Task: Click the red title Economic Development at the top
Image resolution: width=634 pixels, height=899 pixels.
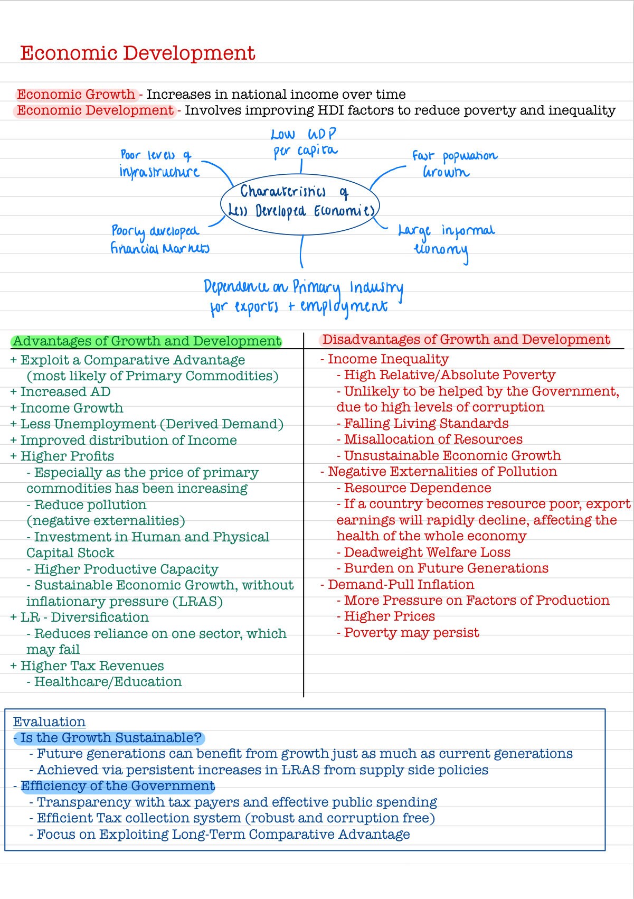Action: click(x=137, y=53)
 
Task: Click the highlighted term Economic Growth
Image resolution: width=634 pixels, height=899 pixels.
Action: click(x=76, y=95)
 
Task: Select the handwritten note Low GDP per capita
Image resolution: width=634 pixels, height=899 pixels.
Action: click(x=304, y=143)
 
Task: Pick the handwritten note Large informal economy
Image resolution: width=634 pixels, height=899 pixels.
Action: click(x=446, y=239)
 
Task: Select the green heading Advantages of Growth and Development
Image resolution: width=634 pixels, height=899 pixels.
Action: click(x=147, y=341)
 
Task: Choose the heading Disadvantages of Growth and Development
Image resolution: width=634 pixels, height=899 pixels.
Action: click(x=466, y=340)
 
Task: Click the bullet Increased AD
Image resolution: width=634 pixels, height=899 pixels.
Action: click(x=65, y=392)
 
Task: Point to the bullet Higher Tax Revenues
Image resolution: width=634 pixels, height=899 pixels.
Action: click(x=92, y=666)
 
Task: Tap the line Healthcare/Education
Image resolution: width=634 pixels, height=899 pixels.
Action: click(x=108, y=682)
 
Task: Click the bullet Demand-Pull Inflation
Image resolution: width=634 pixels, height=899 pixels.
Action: click(x=401, y=585)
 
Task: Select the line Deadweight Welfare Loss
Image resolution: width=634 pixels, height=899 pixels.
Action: click(x=427, y=552)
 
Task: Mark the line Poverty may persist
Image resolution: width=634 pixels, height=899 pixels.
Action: click(x=411, y=633)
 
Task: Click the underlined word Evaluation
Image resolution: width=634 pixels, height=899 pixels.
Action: click(x=49, y=722)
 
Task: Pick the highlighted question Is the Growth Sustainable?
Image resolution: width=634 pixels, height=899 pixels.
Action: click(x=110, y=738)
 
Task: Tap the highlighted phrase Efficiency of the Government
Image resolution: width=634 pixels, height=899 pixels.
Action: click(x=118, y=786)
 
